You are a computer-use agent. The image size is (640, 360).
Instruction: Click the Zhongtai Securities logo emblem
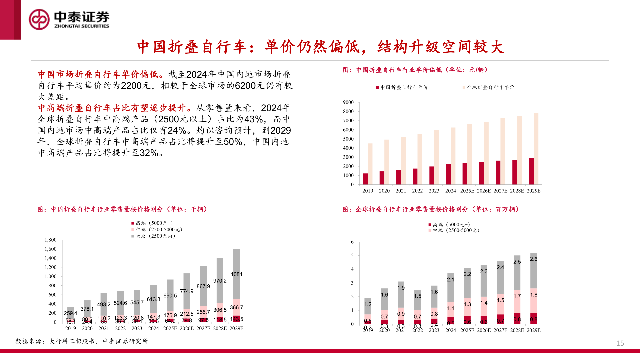click(x=39, y=19)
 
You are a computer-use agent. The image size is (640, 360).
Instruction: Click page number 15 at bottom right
click(x=620, y=343)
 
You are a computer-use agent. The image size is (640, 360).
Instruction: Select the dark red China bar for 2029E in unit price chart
click(x=531, y=171)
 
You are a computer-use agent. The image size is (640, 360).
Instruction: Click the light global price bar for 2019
click(x=370, y=164)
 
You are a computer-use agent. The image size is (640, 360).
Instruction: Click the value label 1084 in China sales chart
click(x=236, y=274)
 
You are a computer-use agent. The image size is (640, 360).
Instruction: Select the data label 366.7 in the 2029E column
click(x=236, y=308)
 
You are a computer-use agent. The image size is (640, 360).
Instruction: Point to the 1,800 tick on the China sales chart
click(x=51, y=240)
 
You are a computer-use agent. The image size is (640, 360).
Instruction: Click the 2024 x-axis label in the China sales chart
click(x=153, y=328)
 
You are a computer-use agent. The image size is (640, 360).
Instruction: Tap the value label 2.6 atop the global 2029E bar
click(x=533, y=259)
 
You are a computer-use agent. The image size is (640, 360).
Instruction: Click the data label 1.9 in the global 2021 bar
click(x=401, y=288)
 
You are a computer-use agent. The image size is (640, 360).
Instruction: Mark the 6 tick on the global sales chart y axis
click(x=352, y=242)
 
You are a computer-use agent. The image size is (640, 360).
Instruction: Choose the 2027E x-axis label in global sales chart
click(x=500, y=330)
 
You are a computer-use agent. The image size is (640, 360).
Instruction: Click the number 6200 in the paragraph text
click(x=245, y=86)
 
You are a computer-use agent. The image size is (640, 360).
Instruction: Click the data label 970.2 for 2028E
click(x=220, y=281)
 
